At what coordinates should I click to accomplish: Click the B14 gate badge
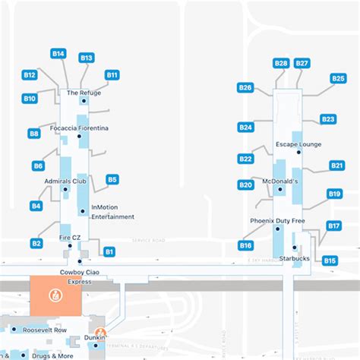pos(58,54)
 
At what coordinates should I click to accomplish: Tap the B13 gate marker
pos(87,58)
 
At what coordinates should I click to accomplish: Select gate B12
pos(30,75)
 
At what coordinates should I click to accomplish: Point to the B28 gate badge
pos(281,63)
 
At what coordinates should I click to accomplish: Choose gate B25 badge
pos(338,78)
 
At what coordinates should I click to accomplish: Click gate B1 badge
pos(109,251)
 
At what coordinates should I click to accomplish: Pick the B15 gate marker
pos(330,261)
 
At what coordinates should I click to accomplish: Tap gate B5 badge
pos(112,180)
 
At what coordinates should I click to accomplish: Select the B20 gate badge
pos(245,185)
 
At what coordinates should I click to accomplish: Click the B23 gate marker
pos(328,119)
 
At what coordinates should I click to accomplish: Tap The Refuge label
pos(84,93)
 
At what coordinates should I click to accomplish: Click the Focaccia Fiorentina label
pos(79,128)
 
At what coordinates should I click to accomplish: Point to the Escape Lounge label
pos(298,144)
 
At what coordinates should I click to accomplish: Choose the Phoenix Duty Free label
pos(278,220)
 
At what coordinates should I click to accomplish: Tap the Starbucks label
pos(295,258)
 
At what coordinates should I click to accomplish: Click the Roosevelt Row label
pos(45,330)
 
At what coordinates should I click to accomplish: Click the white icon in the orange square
pos(55,295)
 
